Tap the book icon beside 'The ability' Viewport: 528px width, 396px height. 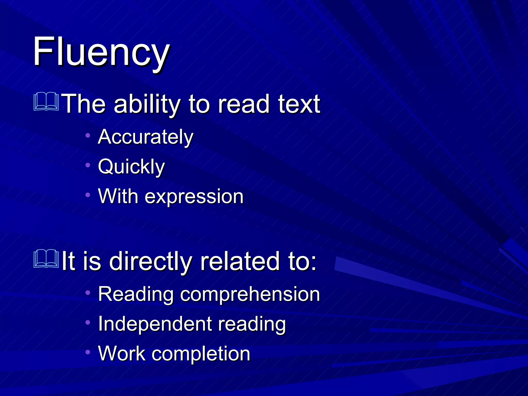46,101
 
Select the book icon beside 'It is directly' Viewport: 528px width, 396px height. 46,259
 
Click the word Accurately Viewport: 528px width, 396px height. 145,137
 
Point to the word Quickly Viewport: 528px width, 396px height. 131,167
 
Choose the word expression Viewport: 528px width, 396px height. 194,196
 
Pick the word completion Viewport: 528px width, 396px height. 201,353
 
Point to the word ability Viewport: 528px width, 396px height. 147,104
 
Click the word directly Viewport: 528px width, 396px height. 151,261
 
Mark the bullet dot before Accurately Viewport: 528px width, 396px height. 88,135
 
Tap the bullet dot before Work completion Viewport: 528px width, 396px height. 88,352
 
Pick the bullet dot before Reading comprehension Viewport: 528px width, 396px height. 88,292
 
